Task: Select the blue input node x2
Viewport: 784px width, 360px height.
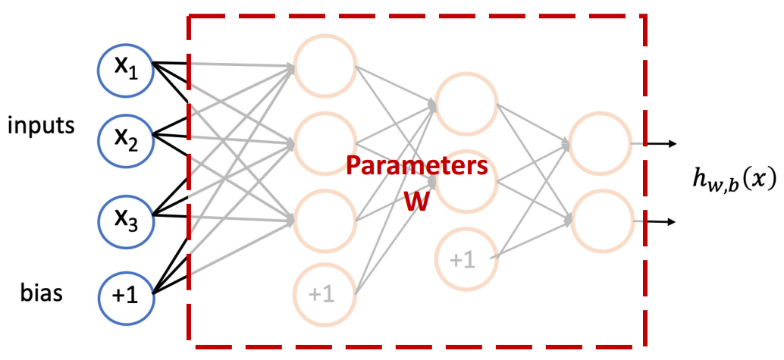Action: [127, 139]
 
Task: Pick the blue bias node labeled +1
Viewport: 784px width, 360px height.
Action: [127, 293]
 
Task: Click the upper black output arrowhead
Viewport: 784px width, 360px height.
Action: [673, 142]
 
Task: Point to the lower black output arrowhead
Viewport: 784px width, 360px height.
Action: [673, 222]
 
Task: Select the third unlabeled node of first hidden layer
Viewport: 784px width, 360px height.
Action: [325, 220]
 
